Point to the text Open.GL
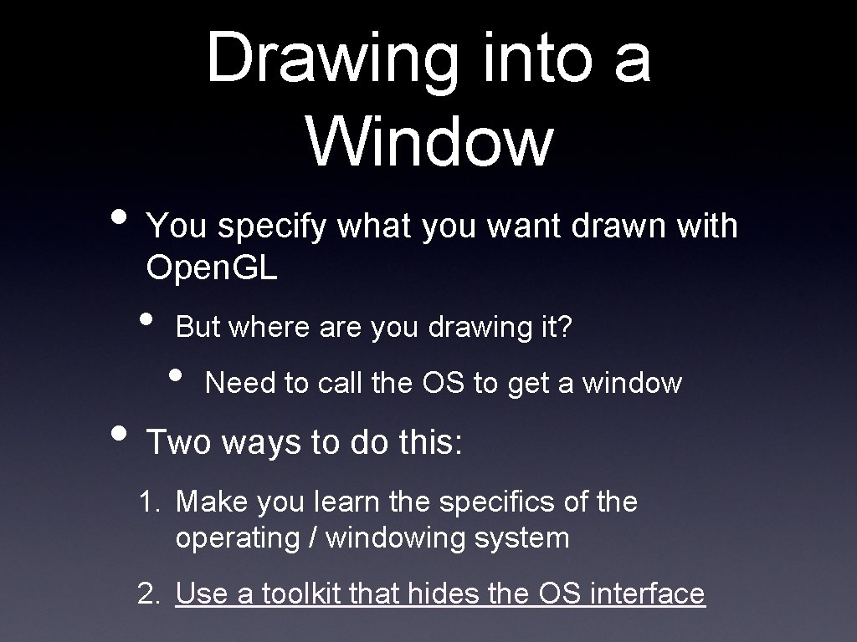click(x=212, y=268)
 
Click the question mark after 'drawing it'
click(x=567, y=327)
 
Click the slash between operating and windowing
click(x=313, y=538)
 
